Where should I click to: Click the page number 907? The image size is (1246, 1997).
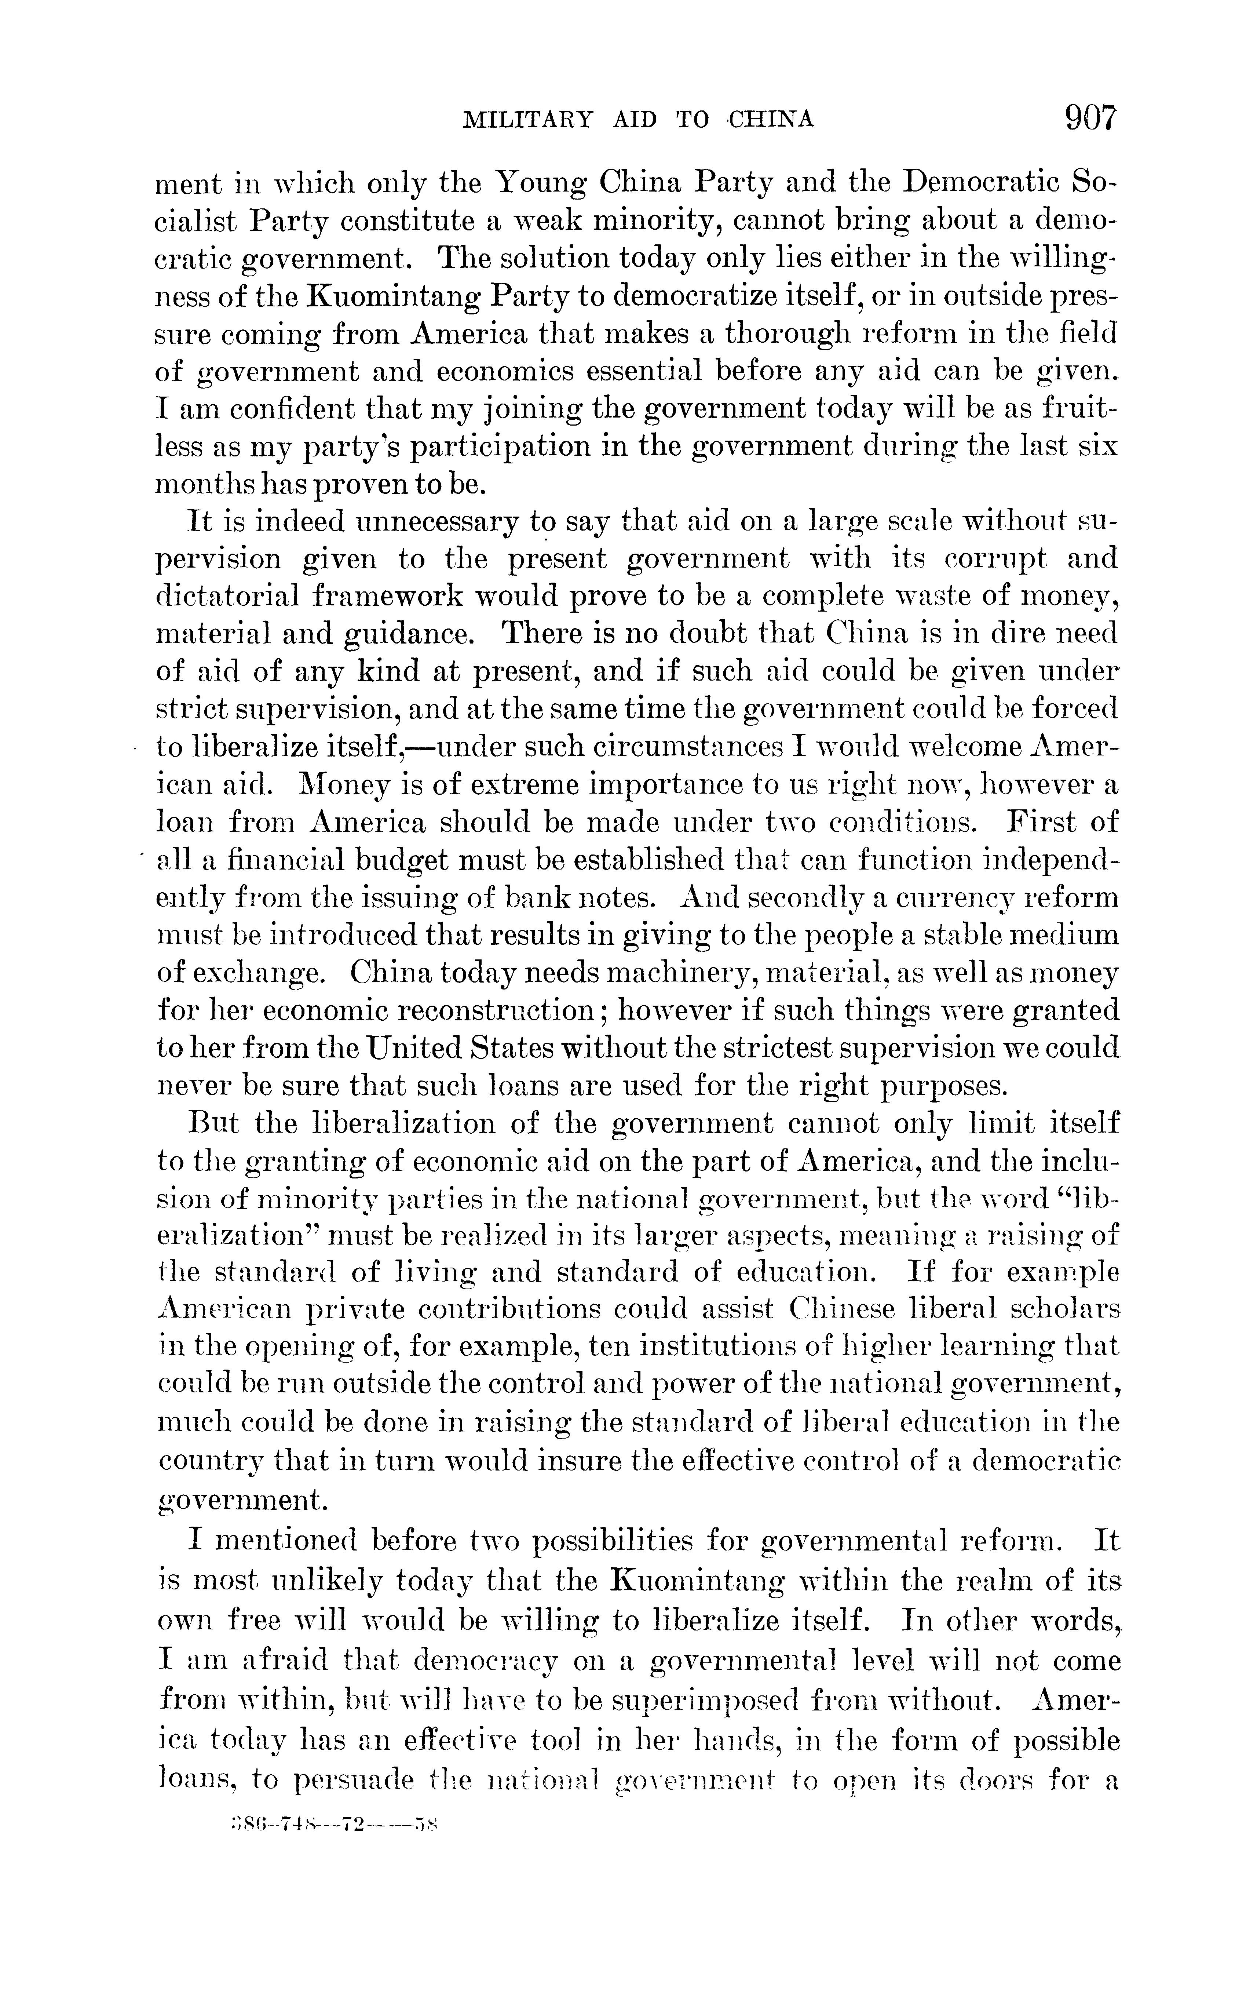point(1090,119)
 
